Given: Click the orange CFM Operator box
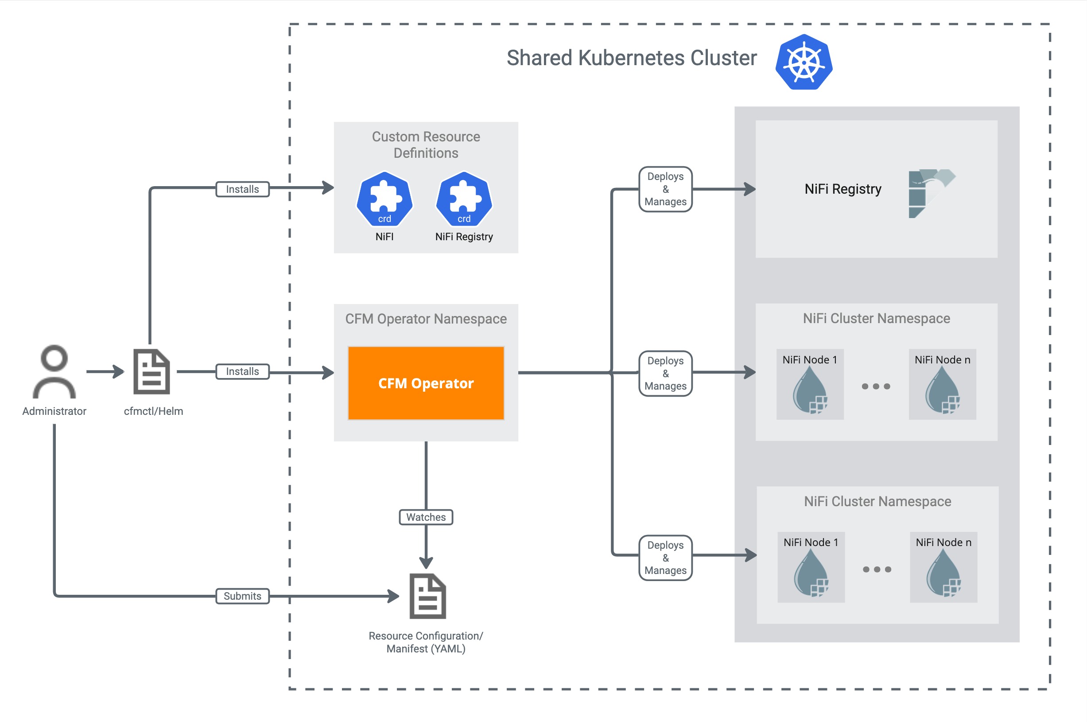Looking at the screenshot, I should [426, 383].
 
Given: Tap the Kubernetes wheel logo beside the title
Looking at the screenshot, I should [804, 62].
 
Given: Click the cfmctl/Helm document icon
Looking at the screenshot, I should [151, 371].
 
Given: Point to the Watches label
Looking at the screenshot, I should [426, 517].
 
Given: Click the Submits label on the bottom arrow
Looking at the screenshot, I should [243, 596].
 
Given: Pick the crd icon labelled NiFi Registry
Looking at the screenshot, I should [464, 199].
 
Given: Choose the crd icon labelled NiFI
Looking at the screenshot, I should [384, 199].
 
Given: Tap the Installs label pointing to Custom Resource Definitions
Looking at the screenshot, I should [243, 189].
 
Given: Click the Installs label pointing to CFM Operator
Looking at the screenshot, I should [243, 371].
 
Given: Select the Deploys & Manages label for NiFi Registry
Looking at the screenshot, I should [665, 189].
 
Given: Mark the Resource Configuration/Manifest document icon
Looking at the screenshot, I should [427, 596].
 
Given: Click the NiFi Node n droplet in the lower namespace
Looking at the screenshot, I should [943, 573].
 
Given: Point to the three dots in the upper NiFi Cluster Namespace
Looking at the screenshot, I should [876, 386].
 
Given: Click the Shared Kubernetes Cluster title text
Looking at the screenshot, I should [631, 59].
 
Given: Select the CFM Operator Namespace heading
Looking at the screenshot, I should [426, 319].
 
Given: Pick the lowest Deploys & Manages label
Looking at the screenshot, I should [665, 558].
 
